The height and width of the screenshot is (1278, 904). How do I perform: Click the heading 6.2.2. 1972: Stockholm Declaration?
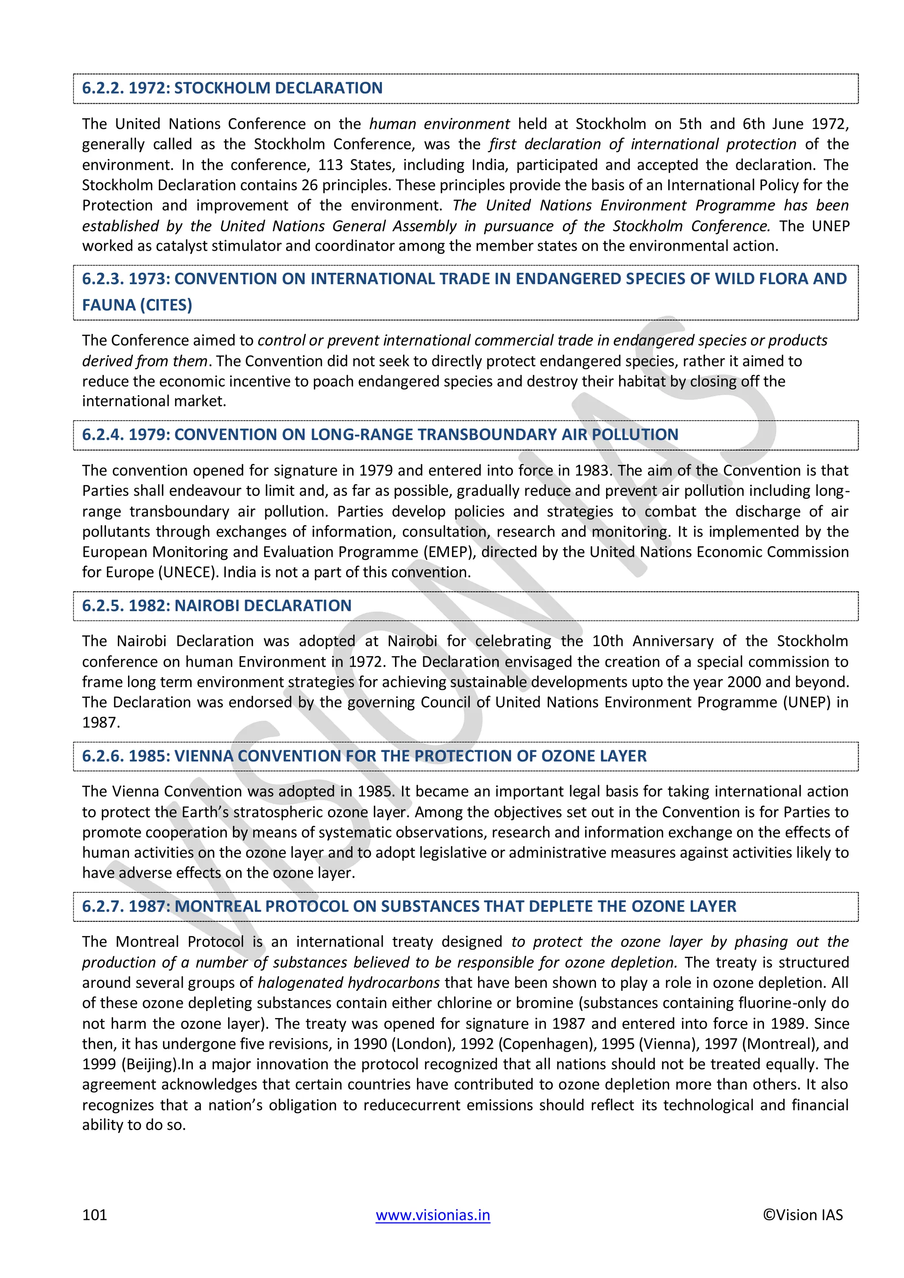tap(232, 88)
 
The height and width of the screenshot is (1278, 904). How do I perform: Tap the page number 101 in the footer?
tap(94, 1214)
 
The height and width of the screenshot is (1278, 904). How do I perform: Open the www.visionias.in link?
tap(433, 1214)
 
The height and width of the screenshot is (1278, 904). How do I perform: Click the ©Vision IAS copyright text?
tap(802, 1214)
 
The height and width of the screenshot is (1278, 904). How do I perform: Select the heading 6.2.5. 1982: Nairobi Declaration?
tap(217, 605)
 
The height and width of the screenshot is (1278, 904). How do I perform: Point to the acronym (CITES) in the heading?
tap(166, 305)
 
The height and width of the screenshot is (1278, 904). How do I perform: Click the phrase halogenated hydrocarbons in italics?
tap(348, 982)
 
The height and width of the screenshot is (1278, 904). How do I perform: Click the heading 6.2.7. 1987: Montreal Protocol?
tap(409, 906)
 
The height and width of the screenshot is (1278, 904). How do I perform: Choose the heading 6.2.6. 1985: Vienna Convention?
tap(364, 756)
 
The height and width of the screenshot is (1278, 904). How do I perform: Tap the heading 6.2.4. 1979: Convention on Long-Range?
tap(380, 435)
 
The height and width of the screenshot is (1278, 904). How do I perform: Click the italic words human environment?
tap(439, 124)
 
